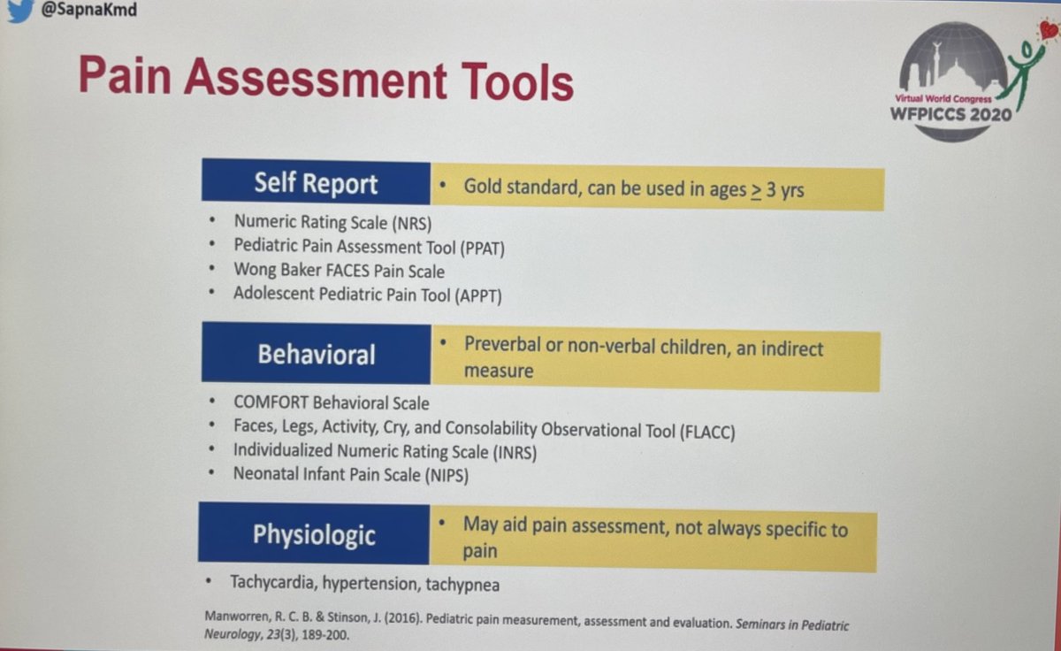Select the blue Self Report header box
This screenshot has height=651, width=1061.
click(316, 183)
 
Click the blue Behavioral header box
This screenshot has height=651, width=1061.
click(316, 354)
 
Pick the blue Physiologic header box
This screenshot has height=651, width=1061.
click(314, 534)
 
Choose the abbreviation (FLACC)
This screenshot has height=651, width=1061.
click(707, 431)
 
